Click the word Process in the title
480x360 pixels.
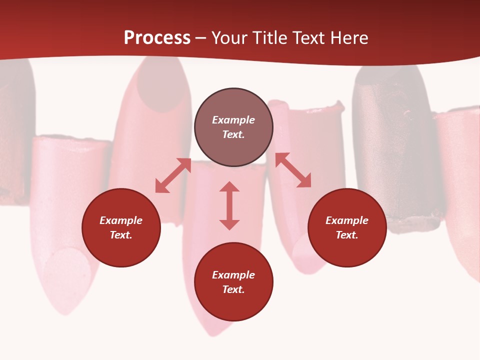[157, 38]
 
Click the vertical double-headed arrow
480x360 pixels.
[229, 205]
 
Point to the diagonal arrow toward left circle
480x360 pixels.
[173, 175]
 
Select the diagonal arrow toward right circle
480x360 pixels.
[293, 170]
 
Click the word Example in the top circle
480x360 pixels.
[233, 120]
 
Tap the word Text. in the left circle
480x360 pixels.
[121, 235]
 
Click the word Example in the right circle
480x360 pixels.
[347, 220]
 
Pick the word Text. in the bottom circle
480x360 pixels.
[233, 289]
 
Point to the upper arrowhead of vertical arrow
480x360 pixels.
[229, 187]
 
